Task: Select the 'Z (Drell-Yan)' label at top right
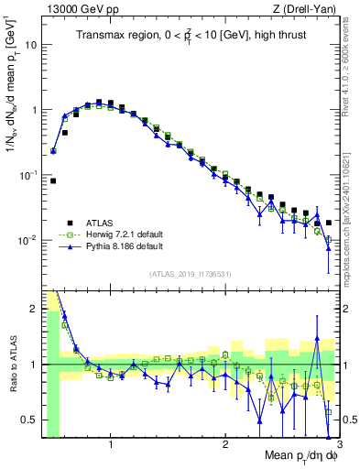pos(308,9)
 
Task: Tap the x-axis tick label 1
pos(111,444)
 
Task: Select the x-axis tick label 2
pos(225,444)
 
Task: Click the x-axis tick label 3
pos(338,444)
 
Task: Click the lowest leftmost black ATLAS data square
pos(53,181)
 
